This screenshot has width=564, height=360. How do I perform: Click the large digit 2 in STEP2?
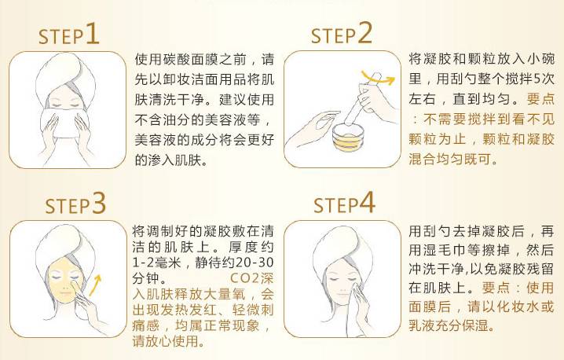coord(363,34)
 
